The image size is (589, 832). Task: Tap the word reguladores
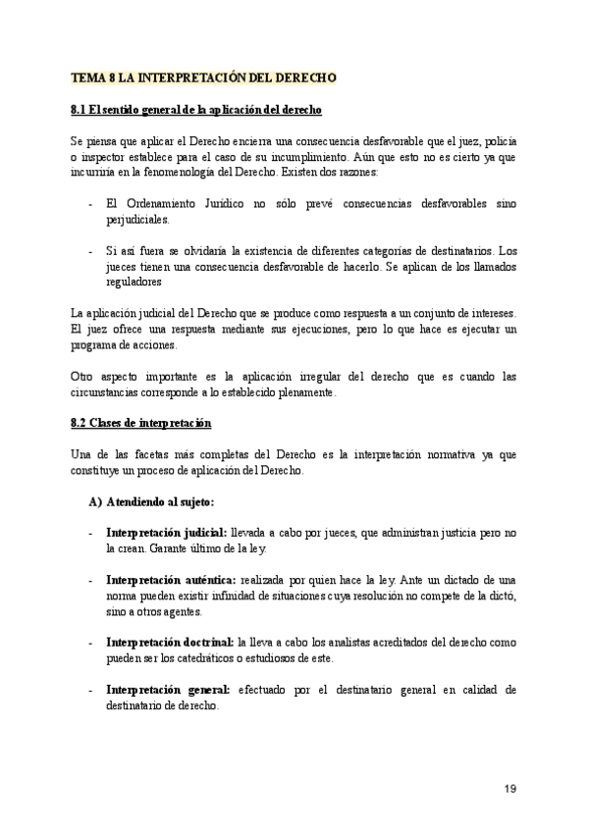pyautogui.click(x=134, y=283)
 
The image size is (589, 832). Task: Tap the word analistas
pyautogui.click(x=343, y=641)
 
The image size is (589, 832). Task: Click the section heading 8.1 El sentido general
pyautogui.click(x=197, y=107)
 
